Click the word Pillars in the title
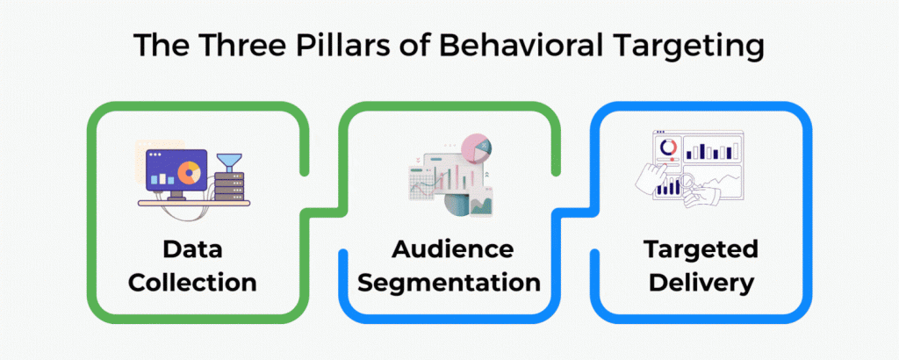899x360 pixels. [x=334, y=47]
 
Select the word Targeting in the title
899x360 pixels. [x=685, y=47]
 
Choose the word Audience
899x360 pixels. [x=452, y=248]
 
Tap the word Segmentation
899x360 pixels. [x=452, y=283]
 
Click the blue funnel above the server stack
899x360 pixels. [x=230, y=162]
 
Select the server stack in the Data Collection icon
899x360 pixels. [x=230, y=185]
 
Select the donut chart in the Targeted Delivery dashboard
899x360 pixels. [x=669, y=147]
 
